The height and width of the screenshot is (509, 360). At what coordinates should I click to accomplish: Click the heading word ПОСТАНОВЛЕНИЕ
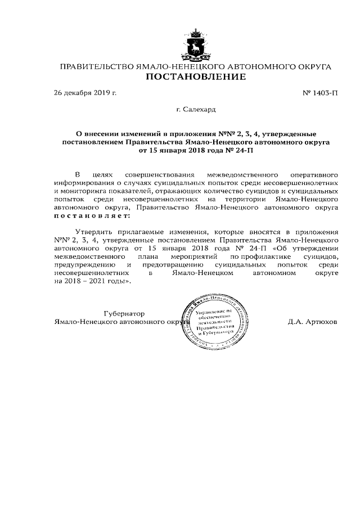[196, 77]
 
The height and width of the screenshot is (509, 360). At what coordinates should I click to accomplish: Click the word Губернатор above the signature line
[125, 314]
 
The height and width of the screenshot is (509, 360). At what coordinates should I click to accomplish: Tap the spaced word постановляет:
[91, 215]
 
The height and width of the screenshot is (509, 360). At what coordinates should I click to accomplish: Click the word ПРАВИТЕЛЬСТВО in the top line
[97, 67]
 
